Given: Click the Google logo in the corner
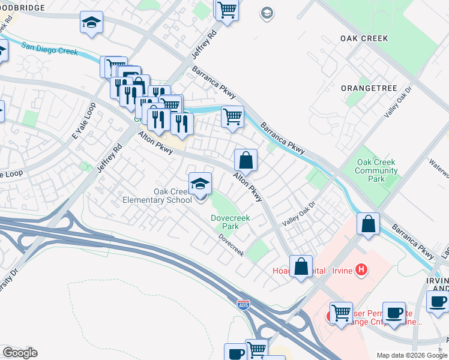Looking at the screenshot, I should pos(20,353).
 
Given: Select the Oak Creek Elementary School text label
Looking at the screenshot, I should pos(155,196).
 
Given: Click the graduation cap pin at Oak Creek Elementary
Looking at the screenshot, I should pos(200,184).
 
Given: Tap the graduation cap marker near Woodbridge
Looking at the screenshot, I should pos(91,23).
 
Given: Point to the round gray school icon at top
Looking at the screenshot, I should pos(267,13).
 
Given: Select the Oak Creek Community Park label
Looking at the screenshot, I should pos(376,170).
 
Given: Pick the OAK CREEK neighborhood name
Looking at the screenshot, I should pos(364,38).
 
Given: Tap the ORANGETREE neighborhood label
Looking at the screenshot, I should pos(369,88).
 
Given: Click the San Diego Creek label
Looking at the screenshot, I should pos(50,48).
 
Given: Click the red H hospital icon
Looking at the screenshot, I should pos(361,270).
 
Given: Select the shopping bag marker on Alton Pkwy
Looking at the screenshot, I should pos(246,160).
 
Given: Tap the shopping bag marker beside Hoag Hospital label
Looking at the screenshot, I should pos(301,266).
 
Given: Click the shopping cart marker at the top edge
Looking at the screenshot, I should pos(227,10).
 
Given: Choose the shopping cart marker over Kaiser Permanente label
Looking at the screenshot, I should pos(341,313).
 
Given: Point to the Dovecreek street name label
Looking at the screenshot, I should pos(231,245).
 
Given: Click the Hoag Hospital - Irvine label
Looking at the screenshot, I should pos(321,270).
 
